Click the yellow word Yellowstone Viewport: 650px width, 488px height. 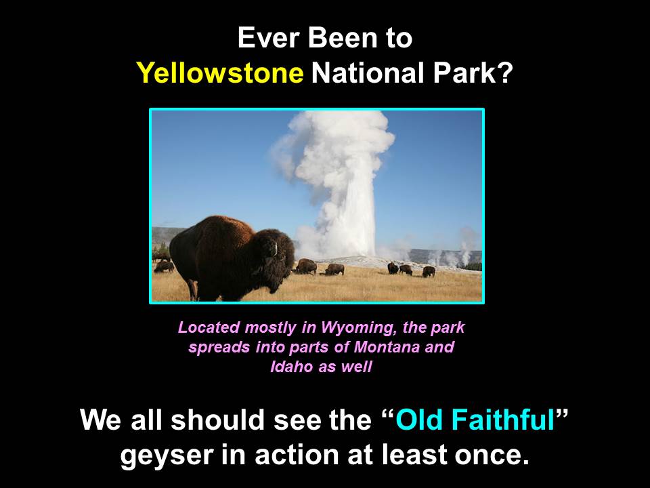219,73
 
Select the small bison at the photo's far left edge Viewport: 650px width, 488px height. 164,266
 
